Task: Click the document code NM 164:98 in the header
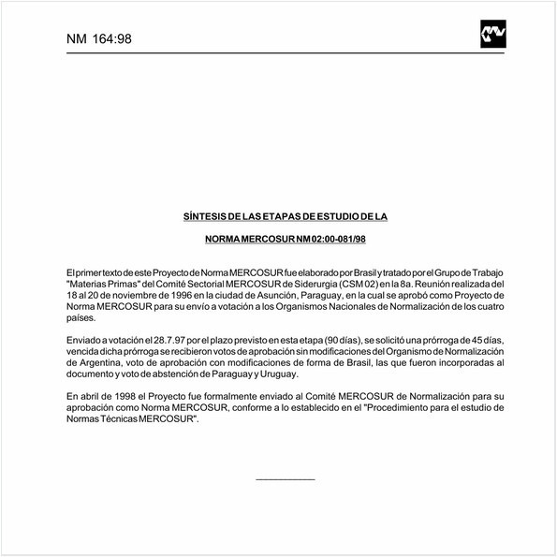tap(99, 38)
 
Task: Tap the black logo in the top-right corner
tap(492, 35)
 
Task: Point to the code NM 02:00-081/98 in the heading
tap(323, 239)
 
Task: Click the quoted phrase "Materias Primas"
tap(105, 282)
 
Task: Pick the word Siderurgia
tap(325, 282)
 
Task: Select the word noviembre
tap(121, 293)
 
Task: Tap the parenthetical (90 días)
tap(340, 336)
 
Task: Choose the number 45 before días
tap(468, 336)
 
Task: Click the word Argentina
tap(92, 359)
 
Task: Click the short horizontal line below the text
tap(285, 479)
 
